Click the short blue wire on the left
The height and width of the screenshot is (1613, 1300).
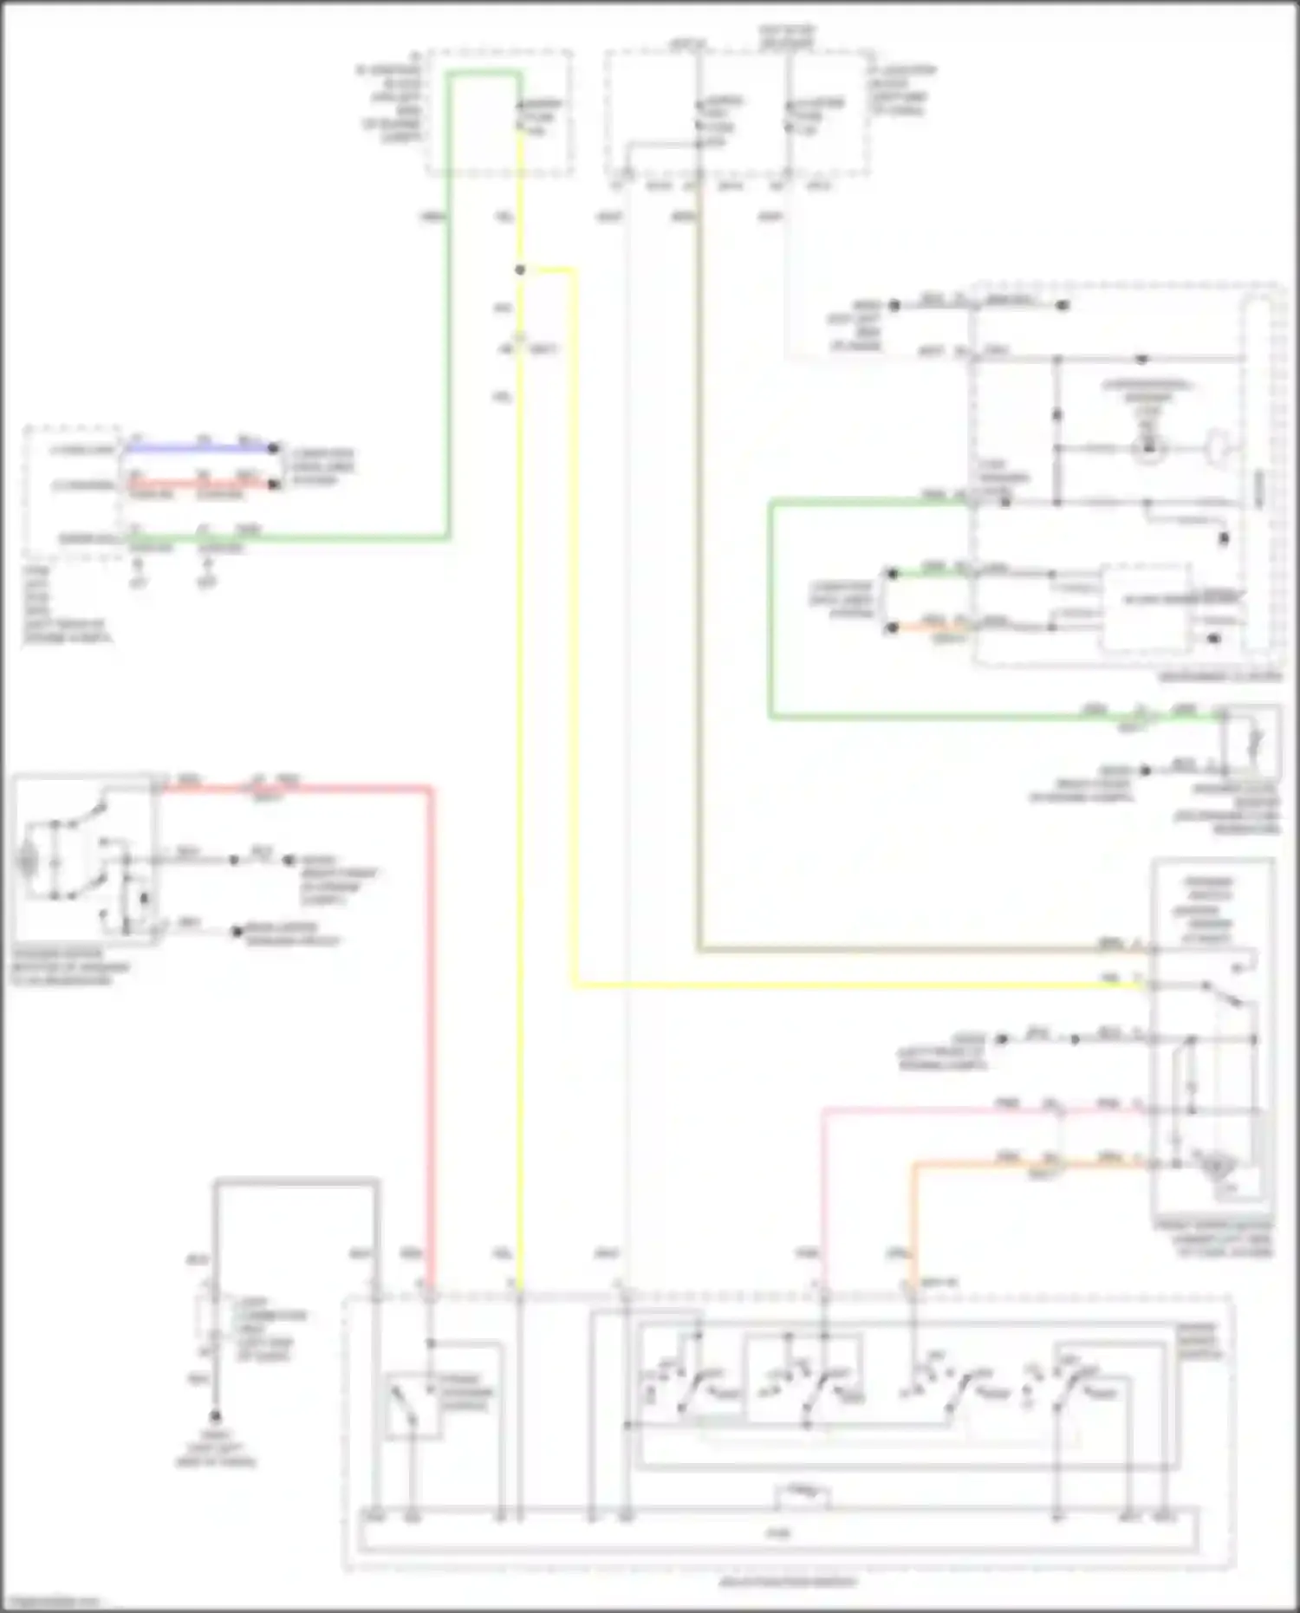pyautogui.click(x=199, y=449)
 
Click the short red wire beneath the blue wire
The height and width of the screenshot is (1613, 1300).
pyautogui.click(x=199, y=485)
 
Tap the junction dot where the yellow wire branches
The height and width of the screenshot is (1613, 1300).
pyautogui.click(x=520, y=270)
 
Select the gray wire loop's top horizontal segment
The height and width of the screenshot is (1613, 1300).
pyautogui.click(x=295, y=1180)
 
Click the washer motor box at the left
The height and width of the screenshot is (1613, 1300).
pyautogui.click(x=85, y=860)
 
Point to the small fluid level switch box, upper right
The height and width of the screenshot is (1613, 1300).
pyautogui.click(x=1251, y=742)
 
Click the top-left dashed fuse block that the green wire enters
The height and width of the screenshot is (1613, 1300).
pyautogui.click(x=499, y=113)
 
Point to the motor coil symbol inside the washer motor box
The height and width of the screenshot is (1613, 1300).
pyautogui.click(x=28, y=862)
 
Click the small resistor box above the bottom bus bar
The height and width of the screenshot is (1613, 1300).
pyautogui.click(x=803, y=1495)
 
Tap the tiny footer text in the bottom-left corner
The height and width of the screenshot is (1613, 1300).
pyautogui.click(x=50, y=1600)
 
